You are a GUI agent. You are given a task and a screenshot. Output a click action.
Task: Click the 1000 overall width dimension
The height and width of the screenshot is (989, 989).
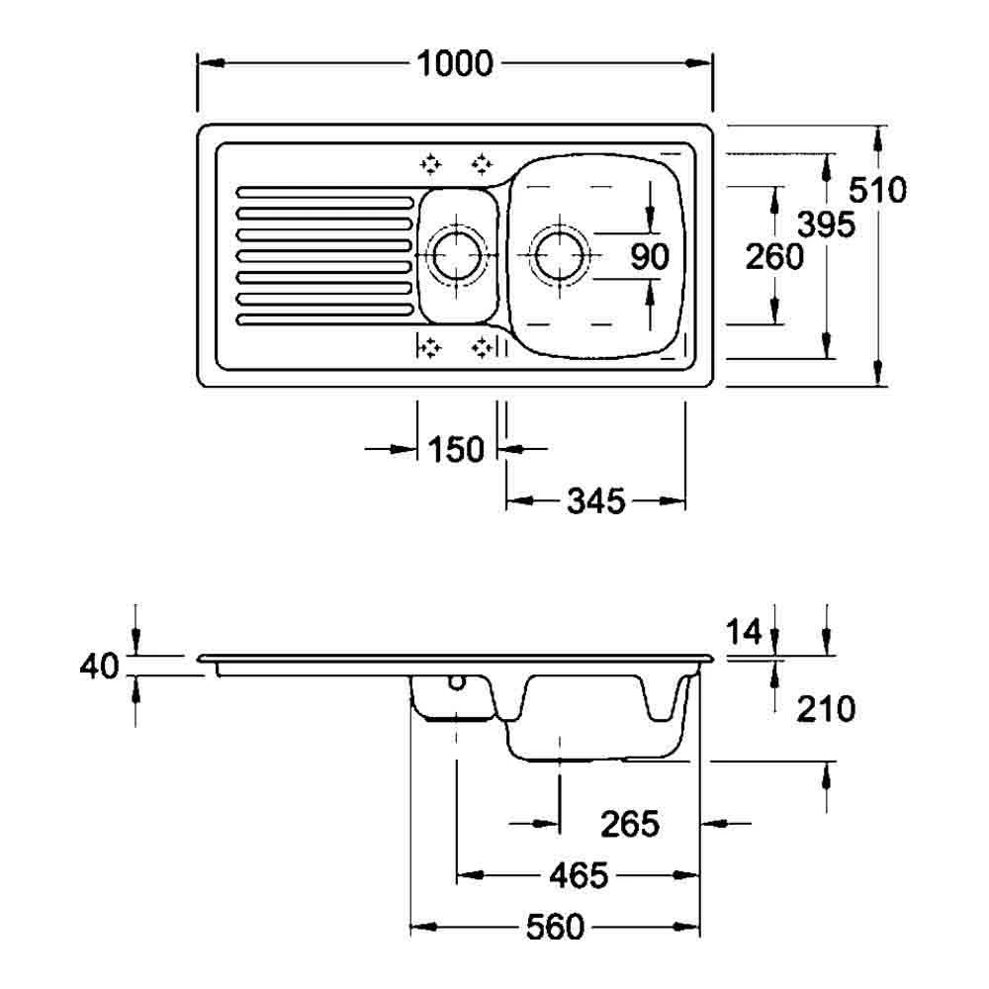point(455,63)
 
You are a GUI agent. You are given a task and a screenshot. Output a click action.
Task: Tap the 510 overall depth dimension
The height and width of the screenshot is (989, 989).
point(877,189)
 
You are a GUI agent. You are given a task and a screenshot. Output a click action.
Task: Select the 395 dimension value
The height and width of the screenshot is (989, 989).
point(826,224)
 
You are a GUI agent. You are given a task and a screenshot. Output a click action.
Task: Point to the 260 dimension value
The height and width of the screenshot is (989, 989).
point(774,257)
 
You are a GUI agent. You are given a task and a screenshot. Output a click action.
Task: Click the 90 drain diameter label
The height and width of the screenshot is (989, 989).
point(650,257)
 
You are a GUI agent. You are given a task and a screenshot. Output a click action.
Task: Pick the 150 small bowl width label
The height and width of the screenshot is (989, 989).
point(455,449)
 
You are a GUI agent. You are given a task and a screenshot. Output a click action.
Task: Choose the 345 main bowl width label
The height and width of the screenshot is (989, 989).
point(596,501)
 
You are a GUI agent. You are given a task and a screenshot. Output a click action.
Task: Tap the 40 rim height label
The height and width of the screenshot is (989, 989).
point(99,666)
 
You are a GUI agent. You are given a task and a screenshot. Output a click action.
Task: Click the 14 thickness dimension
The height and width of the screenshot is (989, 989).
point(745,631)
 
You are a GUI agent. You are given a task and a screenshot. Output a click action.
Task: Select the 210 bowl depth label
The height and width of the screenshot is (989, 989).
point(826,709)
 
